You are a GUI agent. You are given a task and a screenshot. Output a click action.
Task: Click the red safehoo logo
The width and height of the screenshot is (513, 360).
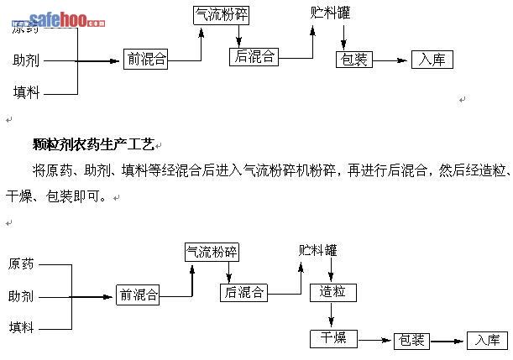(67, 20)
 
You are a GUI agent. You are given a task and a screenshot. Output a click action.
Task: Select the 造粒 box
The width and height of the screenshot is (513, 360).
(332, 292)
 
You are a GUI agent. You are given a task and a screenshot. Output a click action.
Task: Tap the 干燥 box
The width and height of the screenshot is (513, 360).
(332, 338)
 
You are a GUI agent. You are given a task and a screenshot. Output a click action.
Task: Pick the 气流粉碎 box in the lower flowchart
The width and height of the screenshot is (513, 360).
(212, 252)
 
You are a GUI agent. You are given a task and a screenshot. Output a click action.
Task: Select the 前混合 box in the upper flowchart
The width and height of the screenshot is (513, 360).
(145, 59)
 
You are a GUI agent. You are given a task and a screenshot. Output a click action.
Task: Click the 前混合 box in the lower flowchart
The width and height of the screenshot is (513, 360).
(138, 295)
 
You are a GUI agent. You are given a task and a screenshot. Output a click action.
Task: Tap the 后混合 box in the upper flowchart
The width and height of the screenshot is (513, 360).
(254, 56)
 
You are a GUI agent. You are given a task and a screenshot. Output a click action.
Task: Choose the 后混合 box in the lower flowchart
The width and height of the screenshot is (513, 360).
(244, 292)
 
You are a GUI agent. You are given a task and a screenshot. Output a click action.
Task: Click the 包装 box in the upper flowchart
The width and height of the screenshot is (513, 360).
(353, 60)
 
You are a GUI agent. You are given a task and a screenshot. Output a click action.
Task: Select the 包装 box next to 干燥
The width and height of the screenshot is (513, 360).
(411, 340)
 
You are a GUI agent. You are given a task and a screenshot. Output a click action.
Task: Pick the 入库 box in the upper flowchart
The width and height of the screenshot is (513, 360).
(432, 60)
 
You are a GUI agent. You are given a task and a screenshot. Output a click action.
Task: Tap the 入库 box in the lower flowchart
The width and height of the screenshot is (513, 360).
(487, 340)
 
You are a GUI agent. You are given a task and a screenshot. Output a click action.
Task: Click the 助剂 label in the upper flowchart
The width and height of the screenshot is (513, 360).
(25, 60)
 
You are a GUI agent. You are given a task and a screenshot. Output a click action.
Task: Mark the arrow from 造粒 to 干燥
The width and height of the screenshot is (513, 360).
(332, 315)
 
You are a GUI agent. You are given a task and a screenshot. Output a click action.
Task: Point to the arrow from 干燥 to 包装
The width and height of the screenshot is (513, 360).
(375, 340)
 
